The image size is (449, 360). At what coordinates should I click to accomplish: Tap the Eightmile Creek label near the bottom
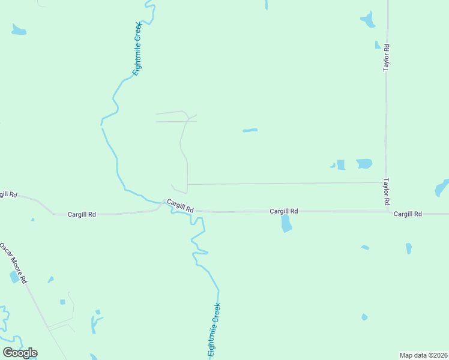tap(214, 330)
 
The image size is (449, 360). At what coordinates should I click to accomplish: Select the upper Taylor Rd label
tap(387, 58)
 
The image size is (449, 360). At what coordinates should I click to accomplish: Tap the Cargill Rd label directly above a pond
tap(283, 211)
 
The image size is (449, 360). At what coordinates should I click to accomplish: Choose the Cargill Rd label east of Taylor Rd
tap(408, 214)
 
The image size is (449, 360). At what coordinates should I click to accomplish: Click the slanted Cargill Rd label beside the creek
tap(180, 206)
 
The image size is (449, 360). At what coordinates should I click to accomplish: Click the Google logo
tap(20, 352)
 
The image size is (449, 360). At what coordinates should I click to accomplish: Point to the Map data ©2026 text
tap(423, 355)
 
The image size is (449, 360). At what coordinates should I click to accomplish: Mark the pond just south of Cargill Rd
tap(286, 223)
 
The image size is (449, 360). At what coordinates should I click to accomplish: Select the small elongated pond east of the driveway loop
tap(250, 130)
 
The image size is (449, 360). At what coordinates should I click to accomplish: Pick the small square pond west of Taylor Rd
tap(341, 164)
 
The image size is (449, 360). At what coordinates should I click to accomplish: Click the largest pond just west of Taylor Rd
tap(364, 163)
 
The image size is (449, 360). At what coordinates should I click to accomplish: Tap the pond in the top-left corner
tap(19, 30)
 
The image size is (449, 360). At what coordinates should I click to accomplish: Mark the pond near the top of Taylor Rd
tap(368, 20)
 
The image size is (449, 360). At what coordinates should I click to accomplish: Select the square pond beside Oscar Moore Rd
tap(14, 277)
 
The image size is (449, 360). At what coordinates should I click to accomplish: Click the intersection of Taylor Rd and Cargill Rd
tap(385, 212)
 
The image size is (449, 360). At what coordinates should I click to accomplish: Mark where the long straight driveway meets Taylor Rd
tap(385, 182)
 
